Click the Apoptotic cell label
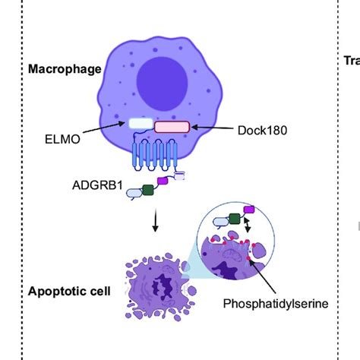64,291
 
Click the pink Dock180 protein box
172,128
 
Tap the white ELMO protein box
139,122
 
